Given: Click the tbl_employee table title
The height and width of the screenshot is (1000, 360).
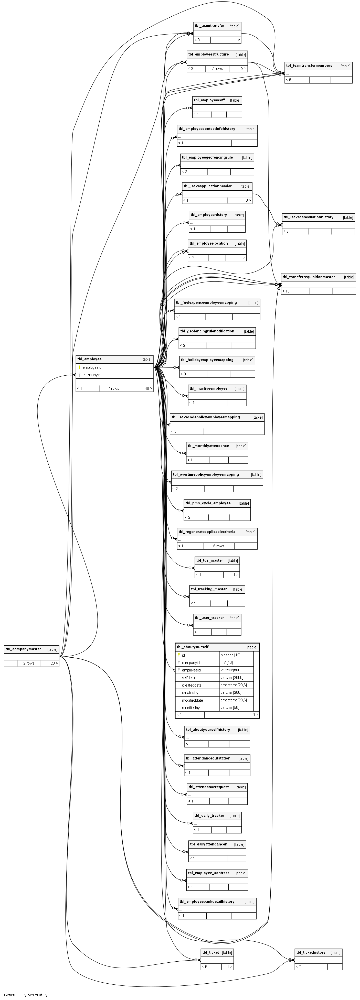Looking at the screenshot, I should [x=89, y=359].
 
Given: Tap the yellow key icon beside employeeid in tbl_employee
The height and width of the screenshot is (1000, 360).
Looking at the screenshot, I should [x=79, y=367].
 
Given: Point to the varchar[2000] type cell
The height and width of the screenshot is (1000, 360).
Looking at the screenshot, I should [x=232, y=678].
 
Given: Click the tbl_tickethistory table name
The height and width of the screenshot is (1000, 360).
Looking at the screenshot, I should [x=310, y=952].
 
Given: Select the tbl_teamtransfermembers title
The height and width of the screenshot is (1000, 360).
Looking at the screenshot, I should [x=309, y=66].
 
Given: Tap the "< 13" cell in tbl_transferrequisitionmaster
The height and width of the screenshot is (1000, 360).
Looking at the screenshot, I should [x=286, y=291].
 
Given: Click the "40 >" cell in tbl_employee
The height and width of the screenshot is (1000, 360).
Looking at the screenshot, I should [x=148, y=388].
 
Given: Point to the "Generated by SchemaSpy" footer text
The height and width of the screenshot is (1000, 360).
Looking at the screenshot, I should [x=26, y=995].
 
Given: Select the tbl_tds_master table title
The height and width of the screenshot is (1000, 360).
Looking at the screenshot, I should [x=210, y=560].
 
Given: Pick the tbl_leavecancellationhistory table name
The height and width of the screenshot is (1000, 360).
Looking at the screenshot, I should [x=308, y=217].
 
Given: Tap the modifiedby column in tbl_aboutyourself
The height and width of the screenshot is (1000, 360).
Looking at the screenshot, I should [x=191, y=708].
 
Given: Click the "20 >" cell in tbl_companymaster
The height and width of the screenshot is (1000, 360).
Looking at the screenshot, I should [x=54, y=663].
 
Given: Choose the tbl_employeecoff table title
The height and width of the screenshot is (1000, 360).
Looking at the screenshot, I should [x=209, y=100].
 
